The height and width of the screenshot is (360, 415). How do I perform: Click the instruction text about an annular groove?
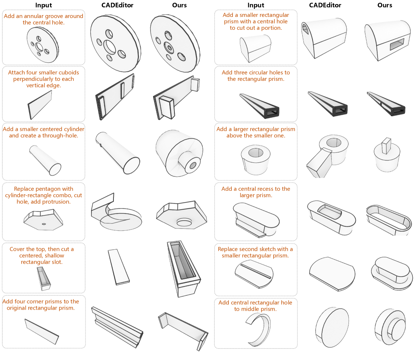coord(43,19)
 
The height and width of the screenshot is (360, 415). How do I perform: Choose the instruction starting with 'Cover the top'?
coord(42,255)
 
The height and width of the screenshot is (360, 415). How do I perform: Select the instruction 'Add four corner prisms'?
coord(40,305)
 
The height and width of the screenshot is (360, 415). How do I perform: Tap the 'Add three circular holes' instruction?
coord(256,76)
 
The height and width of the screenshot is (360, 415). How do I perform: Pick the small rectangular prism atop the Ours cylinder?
coord(386,145)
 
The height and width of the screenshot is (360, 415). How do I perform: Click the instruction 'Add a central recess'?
coord(256,192)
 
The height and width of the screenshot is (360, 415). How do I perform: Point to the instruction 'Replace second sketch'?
coord(255,252)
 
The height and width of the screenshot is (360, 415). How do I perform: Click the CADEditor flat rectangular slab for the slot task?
coord(119,266)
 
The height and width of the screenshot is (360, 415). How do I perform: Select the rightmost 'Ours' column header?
coord(385,5)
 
